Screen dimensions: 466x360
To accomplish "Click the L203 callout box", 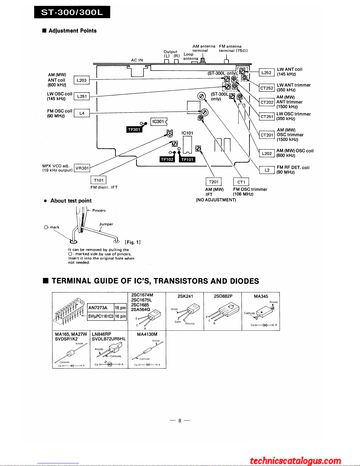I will coord(81,80).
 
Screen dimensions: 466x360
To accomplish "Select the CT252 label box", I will coord(267,88).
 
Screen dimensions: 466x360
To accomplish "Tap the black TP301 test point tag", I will coord(134,129).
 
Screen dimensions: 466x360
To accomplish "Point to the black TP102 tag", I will coord(167,159).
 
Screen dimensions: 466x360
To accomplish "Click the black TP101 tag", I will coord(187,160).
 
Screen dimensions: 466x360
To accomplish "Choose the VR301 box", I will coord(82,168).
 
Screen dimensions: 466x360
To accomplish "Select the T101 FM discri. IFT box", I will coord(98,180).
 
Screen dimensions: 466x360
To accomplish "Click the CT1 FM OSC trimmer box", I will coord(241,182).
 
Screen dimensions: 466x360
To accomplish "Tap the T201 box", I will coord(214,182).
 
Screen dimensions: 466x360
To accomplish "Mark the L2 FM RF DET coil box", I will coord(267,170).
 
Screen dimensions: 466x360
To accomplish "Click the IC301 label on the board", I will coord(158,121).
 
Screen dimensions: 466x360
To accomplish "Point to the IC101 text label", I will coord(187,133).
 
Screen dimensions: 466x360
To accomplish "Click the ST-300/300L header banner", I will coord(72,12).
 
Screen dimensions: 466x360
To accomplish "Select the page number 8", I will coord(180,421).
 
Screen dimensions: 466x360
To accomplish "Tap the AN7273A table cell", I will coord(101,308).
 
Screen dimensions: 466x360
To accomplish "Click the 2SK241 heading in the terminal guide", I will coord(185,296).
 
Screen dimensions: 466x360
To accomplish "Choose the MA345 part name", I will coord(261,296).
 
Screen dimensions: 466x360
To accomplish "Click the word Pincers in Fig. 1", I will coord(99,211).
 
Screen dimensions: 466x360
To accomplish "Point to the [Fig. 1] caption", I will coord(133,242).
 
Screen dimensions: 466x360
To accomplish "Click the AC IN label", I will coord(137,60).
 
